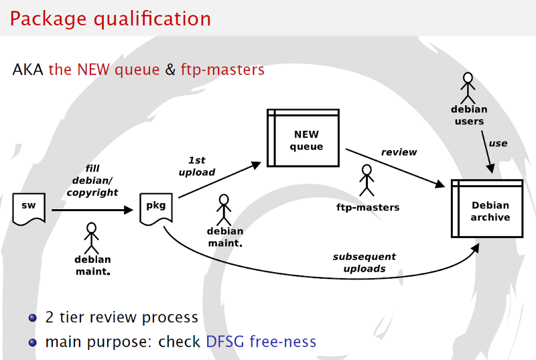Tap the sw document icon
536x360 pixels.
(x=29, y=208)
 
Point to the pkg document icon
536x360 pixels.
(x=155, y=208)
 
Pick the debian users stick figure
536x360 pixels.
(x=468, y=86)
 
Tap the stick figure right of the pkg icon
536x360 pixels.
(x=224, y=208)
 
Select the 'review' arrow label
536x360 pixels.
(x=399, y=152)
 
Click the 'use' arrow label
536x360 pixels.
(x=498, y=143)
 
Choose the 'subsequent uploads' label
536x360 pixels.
(x=364, y=262)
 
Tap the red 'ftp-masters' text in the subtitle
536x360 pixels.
(x=222, y=69)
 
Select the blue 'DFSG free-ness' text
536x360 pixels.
(x=261, y=342)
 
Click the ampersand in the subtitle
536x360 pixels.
(x=170, y=69)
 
